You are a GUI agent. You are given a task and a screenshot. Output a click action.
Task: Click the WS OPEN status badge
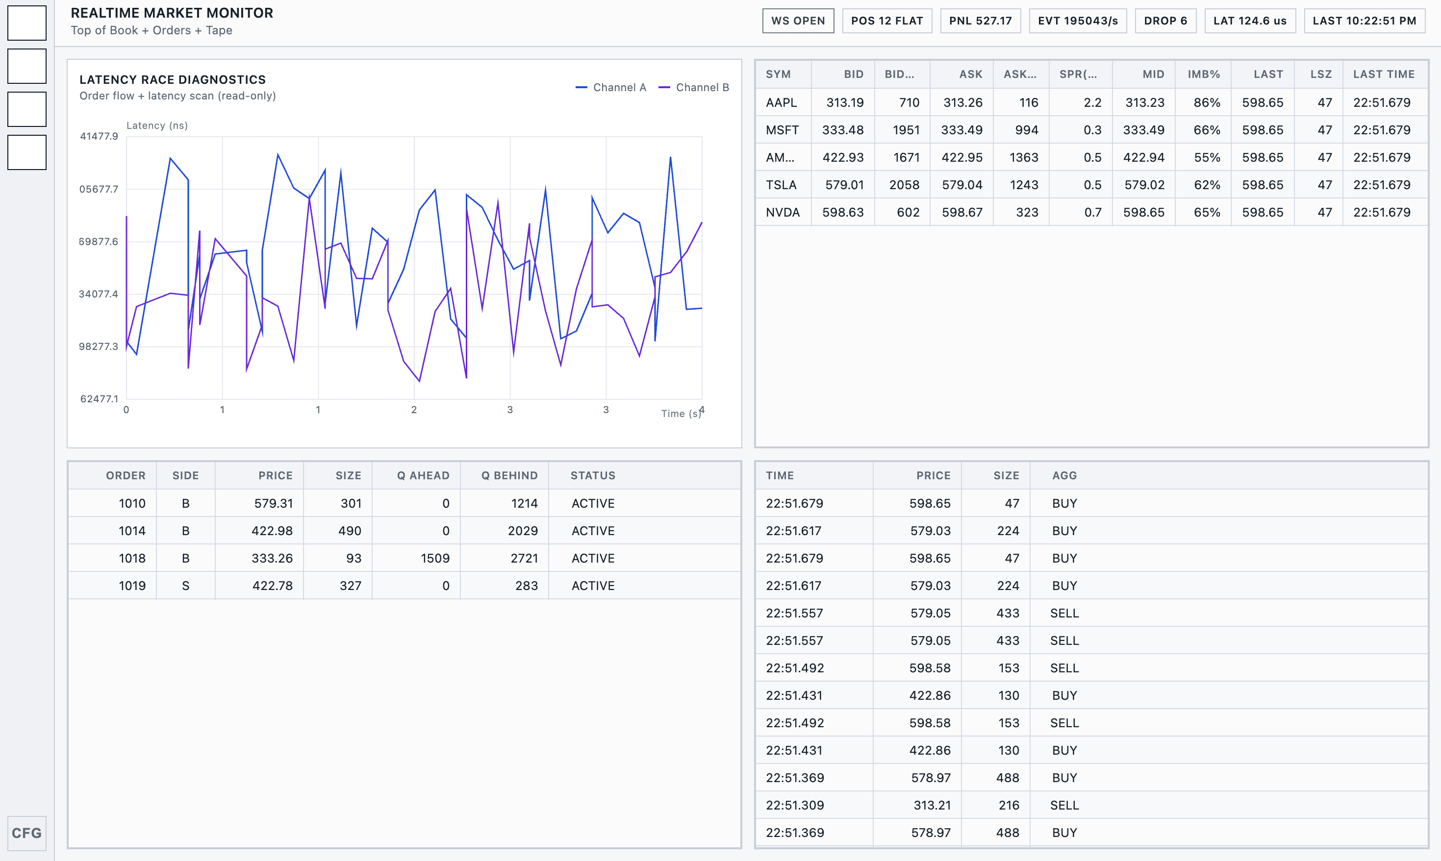click(x=798, y=21)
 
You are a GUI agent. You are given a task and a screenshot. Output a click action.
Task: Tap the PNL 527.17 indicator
click(x=980, y=21)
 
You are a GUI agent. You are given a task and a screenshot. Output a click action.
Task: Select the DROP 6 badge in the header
click(x=1165, y=21)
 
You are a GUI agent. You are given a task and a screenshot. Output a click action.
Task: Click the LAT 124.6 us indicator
click(x=1250, y=21)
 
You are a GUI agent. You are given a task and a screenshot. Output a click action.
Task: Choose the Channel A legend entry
click(x=611, y=88)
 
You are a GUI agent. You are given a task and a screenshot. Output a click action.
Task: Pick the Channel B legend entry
click(x=694, y=88)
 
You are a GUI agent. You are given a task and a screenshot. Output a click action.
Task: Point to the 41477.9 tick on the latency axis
click(x=99, y=136)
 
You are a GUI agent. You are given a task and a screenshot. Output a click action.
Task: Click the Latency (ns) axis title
click(x=157, y=125)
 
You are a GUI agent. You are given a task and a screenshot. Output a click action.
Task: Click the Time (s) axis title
click(x=681, y=414)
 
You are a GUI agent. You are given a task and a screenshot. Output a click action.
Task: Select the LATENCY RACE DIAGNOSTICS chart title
click(x=173, y=79)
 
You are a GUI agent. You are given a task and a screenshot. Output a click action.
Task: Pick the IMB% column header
click(x=1204, y=74)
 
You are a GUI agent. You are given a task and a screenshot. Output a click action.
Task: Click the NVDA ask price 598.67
click(x=962, y=212)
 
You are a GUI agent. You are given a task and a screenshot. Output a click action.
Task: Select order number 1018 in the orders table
click(x=132, y=558)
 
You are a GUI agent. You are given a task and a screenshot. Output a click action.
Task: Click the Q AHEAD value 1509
click(x=435, y=558)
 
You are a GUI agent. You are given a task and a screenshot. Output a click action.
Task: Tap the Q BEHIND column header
click(x=509, y=476)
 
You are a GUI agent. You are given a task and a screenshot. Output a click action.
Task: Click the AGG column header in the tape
click(x=1064, y=476)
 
